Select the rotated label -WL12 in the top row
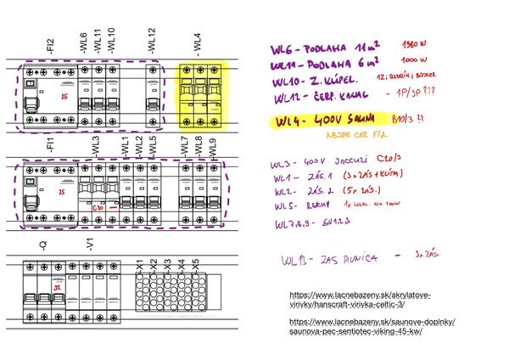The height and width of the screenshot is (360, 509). pos(152,40)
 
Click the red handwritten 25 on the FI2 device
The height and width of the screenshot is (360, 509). pos(41,98)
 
